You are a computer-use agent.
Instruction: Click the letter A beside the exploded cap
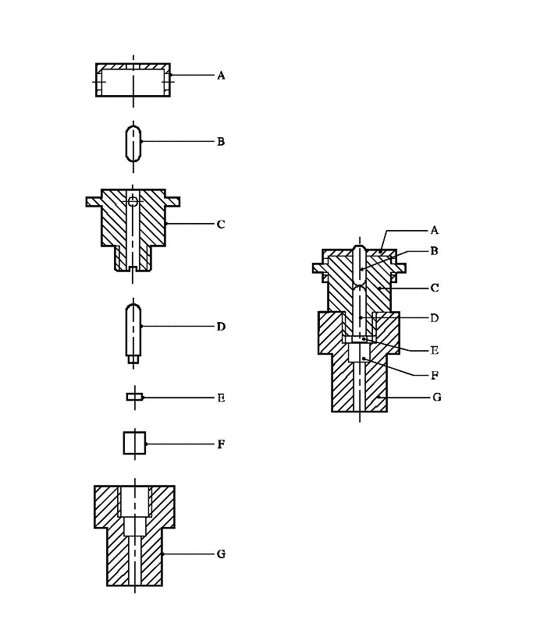coord(221,76)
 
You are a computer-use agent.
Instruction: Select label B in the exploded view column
coord(221,142)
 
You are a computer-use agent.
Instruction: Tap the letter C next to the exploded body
coord(221,225)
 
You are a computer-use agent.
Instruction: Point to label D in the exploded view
coord(221,327)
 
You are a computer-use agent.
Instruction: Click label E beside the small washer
coord(221,398)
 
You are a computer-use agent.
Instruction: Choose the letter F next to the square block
coord(221,444)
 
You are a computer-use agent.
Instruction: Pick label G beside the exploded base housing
coord(221,554)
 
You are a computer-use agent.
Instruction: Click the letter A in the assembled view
coord(434,230)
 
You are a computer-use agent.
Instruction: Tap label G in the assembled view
coord(437,397)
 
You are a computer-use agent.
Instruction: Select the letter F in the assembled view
coord(434,375)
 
